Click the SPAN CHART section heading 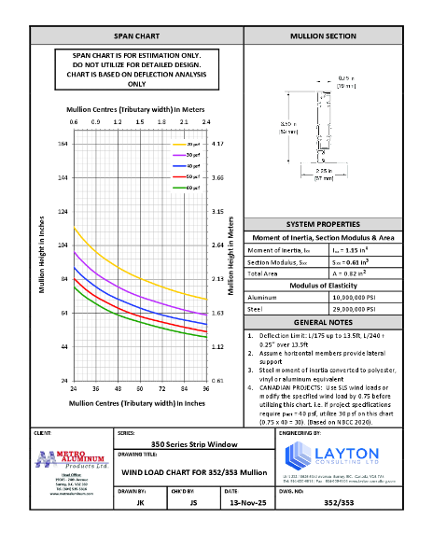point(136,36)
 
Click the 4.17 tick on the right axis point(218,144)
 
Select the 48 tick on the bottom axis point(118,388)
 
